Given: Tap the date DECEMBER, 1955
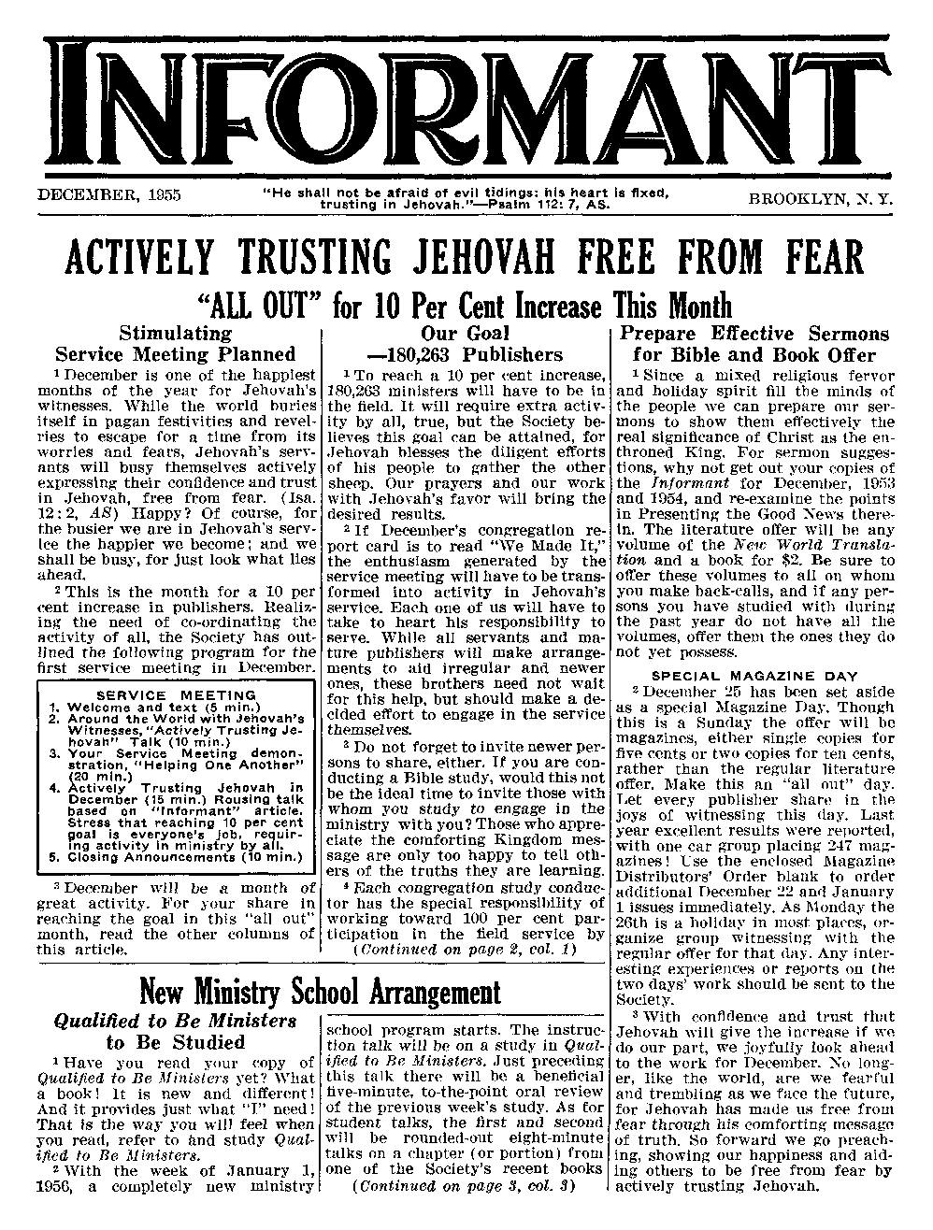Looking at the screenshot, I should [x=108, y=195].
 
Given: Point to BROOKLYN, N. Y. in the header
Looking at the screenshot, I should [x=820, y=198].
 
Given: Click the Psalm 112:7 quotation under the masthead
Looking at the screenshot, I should [x=466, y=197].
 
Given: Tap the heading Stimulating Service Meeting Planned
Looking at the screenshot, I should [x=175, y=344].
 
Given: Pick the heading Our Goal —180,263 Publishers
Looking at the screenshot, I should [x=465, y=344].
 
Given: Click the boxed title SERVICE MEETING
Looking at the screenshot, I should [x=176, y=695].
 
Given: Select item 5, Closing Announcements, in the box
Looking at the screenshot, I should [x=177, y=855].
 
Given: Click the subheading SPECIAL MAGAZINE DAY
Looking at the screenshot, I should [x=754, y=675].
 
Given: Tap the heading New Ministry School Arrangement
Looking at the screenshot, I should [x=320, y=992].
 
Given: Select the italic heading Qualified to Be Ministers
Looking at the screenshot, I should [x=176, y=1022].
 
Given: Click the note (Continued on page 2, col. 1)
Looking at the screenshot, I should [x=465, y=950].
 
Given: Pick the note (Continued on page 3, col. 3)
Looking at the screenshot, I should [x=465, y=1189].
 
